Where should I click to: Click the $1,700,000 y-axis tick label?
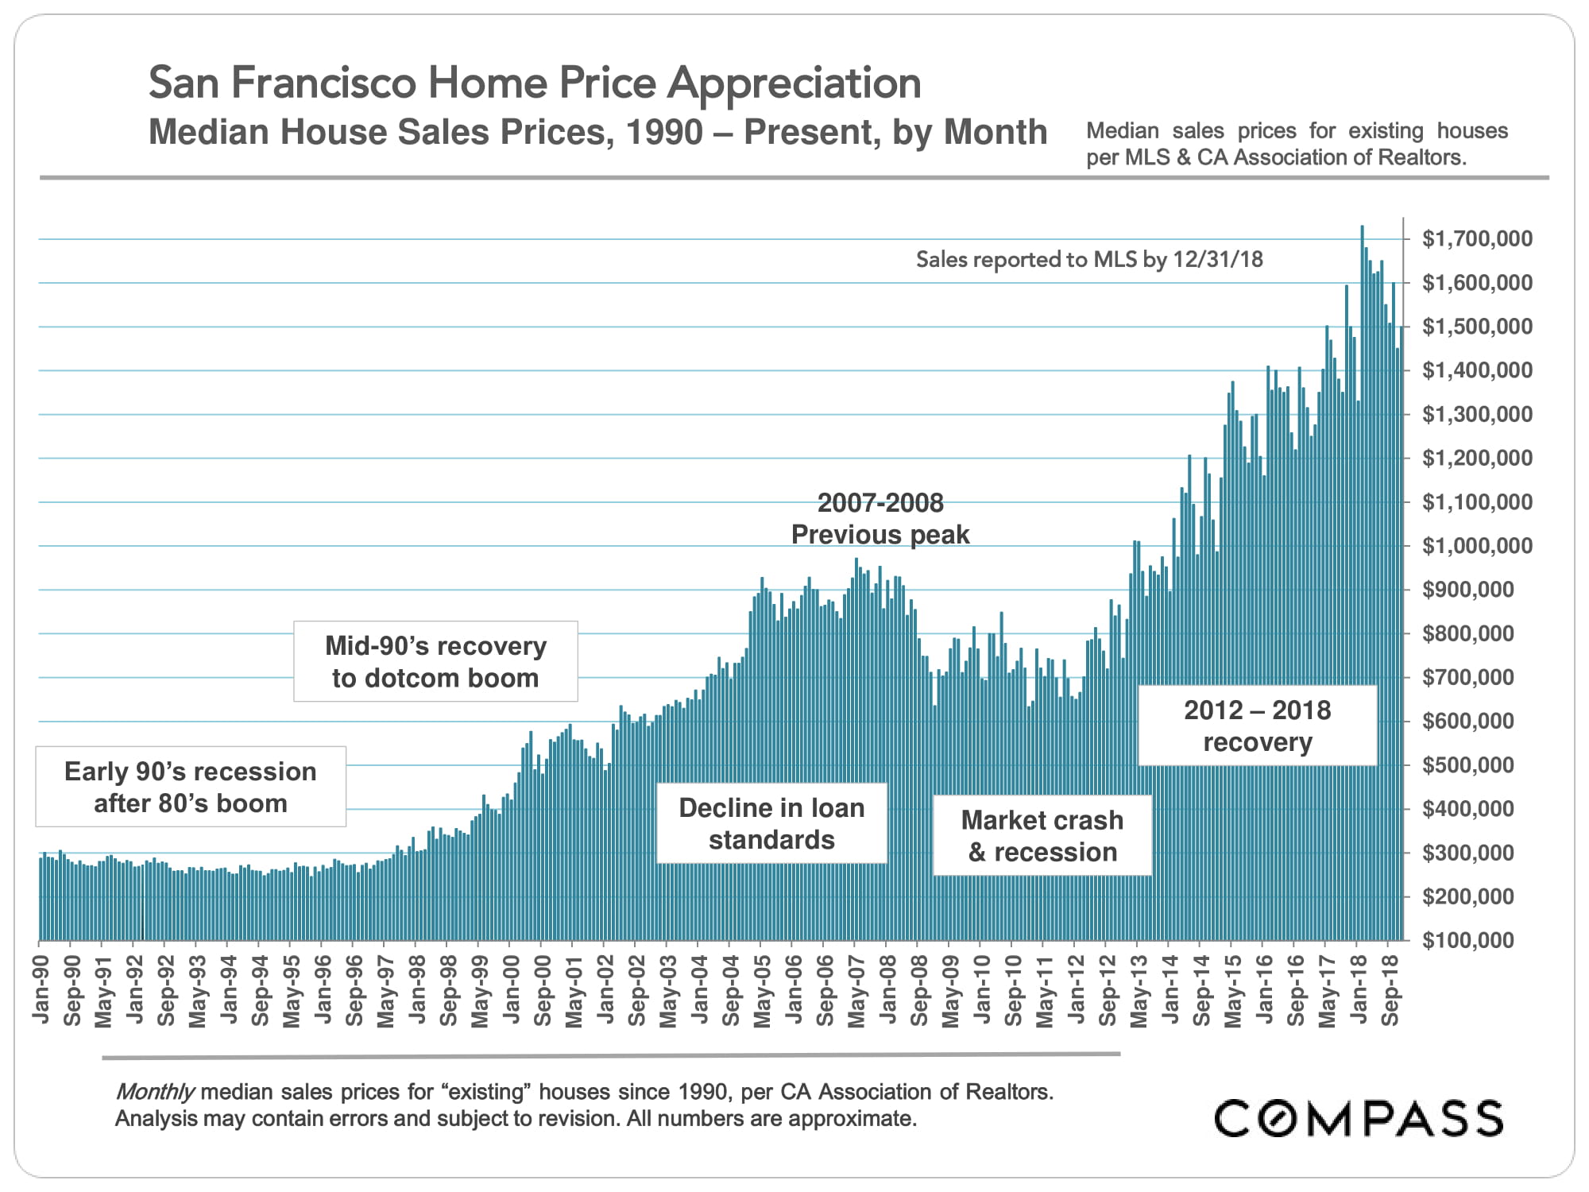[x=1477, y=238]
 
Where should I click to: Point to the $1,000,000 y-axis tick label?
[x=1477, y=546]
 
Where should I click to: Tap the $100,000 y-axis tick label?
[x=1477, y=940]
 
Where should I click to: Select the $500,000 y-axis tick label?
[x=1477, y=765]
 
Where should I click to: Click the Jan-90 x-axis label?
[x=41, y=989]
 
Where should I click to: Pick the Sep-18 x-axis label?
[x=1390, y=989]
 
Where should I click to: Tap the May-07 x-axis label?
[x=856, y=989]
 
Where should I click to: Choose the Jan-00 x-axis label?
[x=511, y=989]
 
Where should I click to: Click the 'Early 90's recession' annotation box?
[x=191, y=787]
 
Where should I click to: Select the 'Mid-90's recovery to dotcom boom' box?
[x=435, y=661]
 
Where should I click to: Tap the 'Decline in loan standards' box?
[x=771, y=823]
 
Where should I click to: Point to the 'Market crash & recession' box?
[x=1042, y=835]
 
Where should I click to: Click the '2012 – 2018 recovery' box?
[x=1257, y=726]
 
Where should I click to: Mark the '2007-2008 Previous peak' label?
[x=880, y=518]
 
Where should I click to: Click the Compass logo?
[x=1359, y=1118]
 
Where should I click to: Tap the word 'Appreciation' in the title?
[x=794, y=83]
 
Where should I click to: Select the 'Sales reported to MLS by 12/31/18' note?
[x=1089, y=260]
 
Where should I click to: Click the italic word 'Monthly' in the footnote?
[x=155, y=1092]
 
